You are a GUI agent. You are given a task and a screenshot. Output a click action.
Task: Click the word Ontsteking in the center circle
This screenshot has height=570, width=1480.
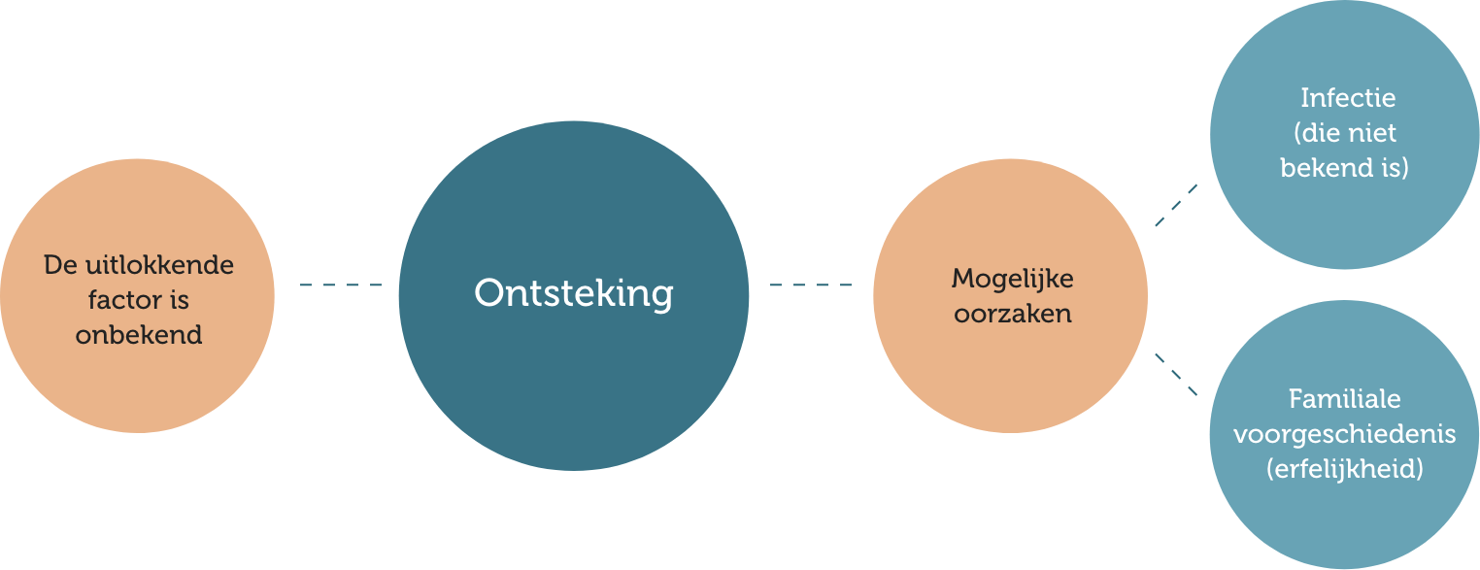(x=573, y=293)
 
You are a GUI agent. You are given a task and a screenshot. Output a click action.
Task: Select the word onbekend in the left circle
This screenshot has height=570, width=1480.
(x=139, y=335)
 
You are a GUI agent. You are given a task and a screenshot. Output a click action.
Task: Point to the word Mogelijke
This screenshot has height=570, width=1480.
(x=1012, y=279)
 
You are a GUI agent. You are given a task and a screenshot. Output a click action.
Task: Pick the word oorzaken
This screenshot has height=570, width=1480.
(x=1012, y=314)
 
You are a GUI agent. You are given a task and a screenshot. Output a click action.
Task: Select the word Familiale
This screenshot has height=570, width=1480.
(x=1344, y=399)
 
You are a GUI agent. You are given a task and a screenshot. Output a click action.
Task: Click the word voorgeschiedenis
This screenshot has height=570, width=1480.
(x=1344, y=434)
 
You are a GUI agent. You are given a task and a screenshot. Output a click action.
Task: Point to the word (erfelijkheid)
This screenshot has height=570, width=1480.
(x=1344, y=469)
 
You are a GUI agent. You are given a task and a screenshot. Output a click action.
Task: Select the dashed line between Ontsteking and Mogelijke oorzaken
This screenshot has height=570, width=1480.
(x=810, y=285)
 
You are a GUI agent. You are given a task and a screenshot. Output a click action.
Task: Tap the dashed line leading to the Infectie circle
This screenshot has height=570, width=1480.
(x=1176, y=205)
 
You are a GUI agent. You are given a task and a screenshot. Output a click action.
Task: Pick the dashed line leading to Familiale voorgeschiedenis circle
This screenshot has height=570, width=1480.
(x=1176, y=374)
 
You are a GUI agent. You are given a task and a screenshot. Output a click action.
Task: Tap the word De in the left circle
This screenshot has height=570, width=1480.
(x=59, y=265)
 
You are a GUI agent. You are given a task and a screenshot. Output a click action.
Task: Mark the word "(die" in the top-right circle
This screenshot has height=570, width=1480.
(x=1316, y=133)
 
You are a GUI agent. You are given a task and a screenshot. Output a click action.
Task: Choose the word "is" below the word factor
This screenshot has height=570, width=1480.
(x=178, y=300)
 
